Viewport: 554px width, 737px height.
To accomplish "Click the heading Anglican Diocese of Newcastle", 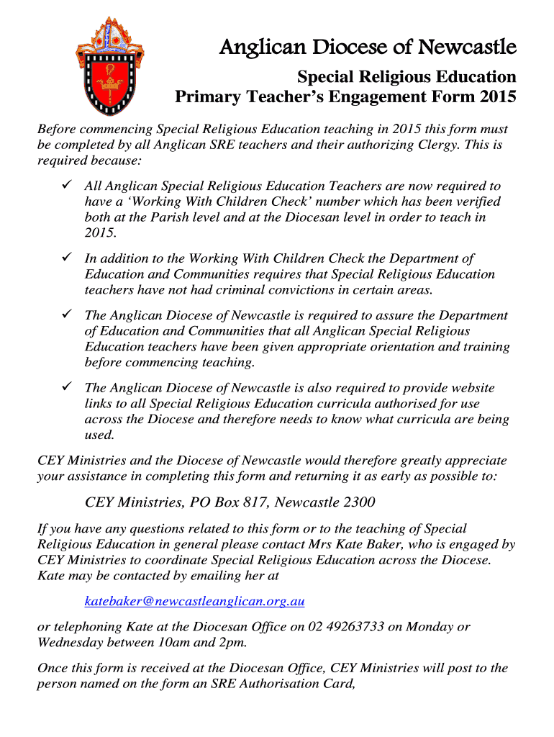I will pyautogui.click(x=368, y=48).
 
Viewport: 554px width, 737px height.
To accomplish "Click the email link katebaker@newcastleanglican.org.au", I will pyautogui.click(x=195, y=600).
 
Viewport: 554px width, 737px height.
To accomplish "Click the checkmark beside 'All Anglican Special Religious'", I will pyautogui.click(x=64, y=186).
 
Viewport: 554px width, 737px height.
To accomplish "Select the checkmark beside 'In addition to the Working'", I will pyautogui.click(x=64, y=258).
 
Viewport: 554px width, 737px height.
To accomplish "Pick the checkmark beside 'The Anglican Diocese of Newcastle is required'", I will pyautogui.click(x=64, y=315).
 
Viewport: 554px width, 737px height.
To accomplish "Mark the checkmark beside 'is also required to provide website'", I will pyautogui.click(x=64, y=387).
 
